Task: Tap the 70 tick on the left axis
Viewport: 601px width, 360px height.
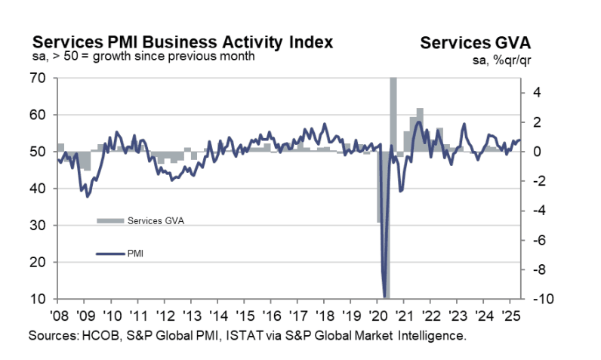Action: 39,78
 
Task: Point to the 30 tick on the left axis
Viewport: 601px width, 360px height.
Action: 39,225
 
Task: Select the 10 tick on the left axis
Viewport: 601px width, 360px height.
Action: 39,299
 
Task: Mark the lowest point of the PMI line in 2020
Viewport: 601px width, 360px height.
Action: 385,297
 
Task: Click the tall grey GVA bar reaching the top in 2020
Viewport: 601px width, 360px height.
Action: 393,113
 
